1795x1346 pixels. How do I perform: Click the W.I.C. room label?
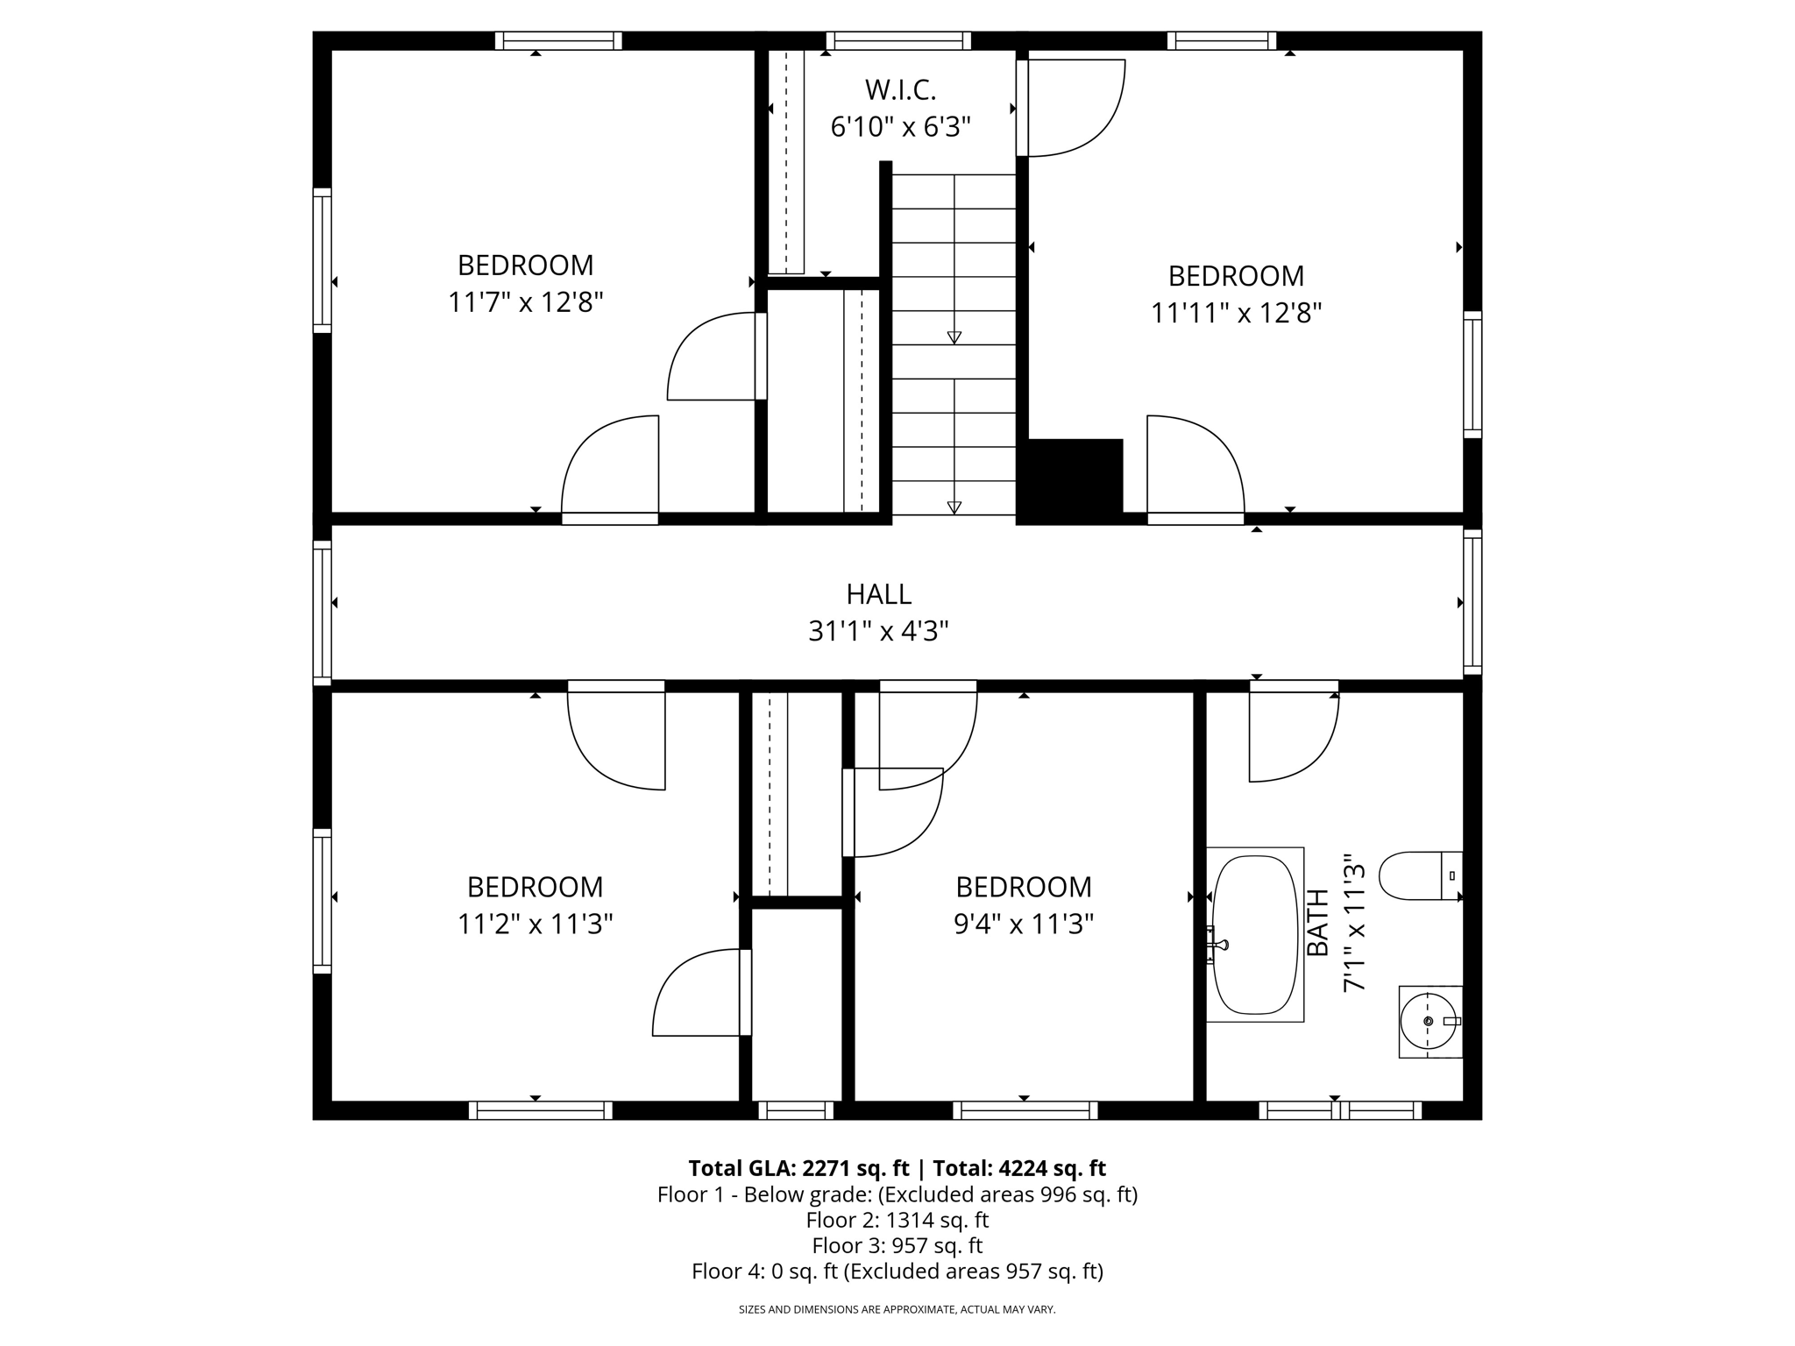tap(900, 90)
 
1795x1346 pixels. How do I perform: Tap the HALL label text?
tap(878, 594)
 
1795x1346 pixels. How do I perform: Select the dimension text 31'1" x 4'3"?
tap(878, 631)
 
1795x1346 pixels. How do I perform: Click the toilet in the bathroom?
tap(1420, 875)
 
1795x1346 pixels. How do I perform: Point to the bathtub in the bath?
tap(1254, 934)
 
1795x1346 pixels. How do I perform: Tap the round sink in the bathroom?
tap(1428, 1022)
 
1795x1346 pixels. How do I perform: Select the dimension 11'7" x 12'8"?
tap(526, 303)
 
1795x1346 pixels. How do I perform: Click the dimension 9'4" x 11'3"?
tap(1024, 924)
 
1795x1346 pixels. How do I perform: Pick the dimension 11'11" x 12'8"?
tap(1236, 314)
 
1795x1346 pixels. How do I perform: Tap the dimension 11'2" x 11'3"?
tap(535, 924)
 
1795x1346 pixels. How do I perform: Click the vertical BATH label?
tap(1318, 924)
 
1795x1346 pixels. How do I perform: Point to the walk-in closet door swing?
tap(1076, 108)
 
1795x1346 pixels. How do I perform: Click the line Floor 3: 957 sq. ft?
tap(897, 1245)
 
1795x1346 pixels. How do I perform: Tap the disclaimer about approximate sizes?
tap(897, 1309)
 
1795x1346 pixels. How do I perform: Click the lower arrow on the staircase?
tap(954, 507)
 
